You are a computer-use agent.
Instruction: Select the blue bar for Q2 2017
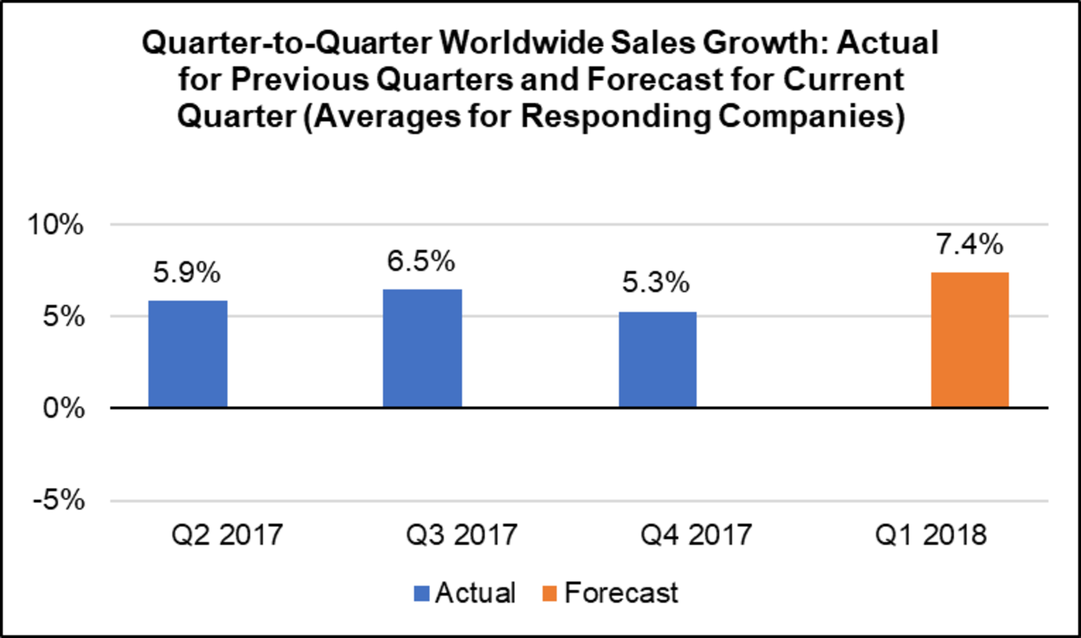[x=187, y=354]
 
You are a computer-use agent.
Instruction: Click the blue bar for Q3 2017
[x=422, y=348]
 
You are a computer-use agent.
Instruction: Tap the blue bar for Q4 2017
[x=658, y=360]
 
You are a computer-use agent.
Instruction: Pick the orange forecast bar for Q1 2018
[x=970, y=340]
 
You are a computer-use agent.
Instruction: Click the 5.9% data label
[x=187, y=273]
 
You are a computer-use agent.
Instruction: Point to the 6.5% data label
[x=421, y=262]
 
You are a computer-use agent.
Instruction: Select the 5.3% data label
[x=655, y=282]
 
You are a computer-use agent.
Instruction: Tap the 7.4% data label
[x=970, y=245]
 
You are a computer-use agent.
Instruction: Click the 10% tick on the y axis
[x=55, y=225]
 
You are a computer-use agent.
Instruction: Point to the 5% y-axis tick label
[x=63, y=317]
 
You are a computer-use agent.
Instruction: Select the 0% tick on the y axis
[x=63, y=408]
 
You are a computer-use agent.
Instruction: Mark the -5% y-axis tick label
[x=59, y=500]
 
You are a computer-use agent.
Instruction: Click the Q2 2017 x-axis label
[x=227, y=534]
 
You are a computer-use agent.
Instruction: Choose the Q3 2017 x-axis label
[x=462, y=534]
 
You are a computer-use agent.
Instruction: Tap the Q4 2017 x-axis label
[x=696, y=534]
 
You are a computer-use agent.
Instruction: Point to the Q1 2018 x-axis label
[x=931, y=534]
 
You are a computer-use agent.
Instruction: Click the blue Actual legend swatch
[x=422, y=594]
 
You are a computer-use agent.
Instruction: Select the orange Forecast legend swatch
[x=550, y=594]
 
